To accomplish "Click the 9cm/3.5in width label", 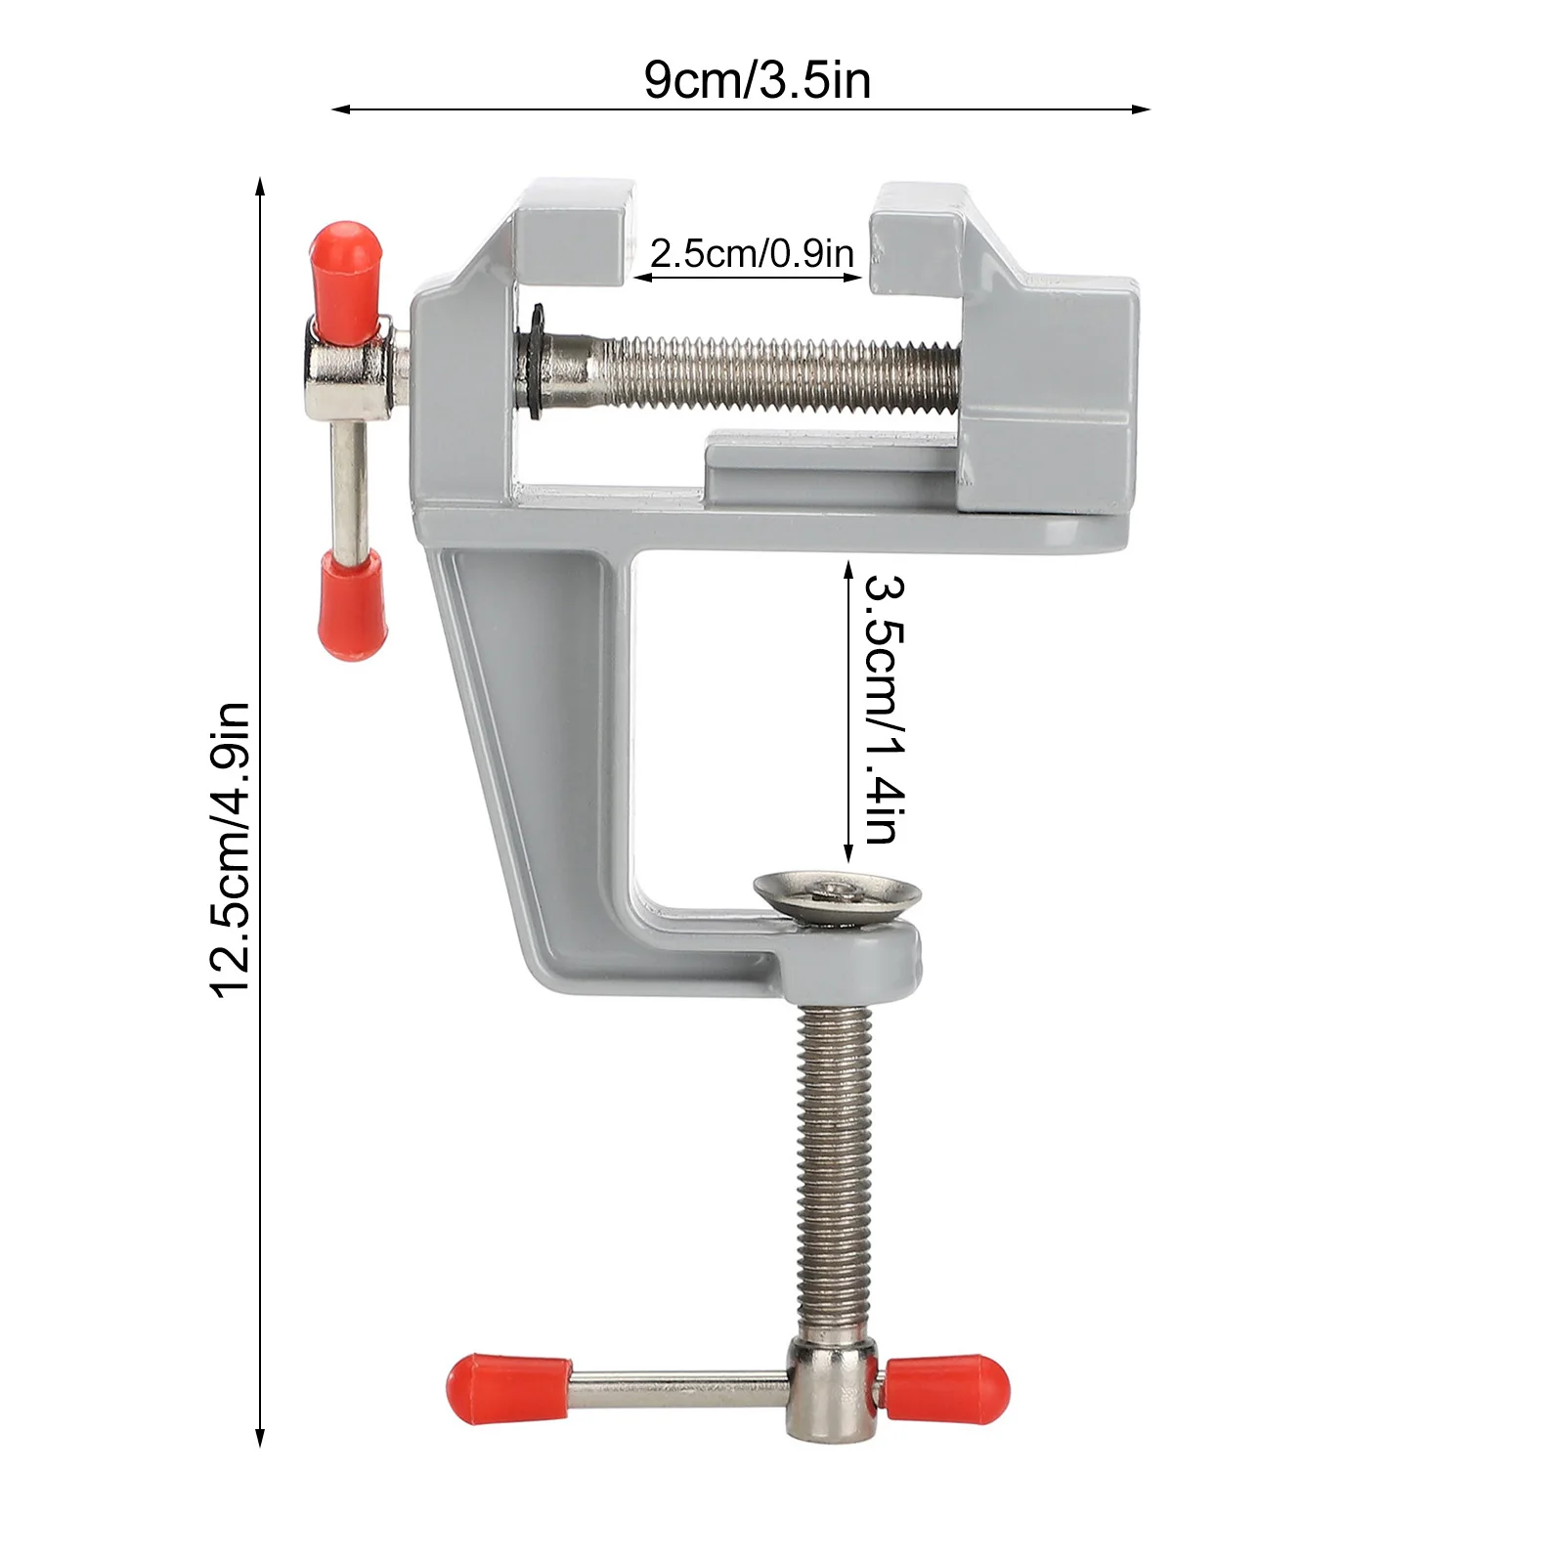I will (x=757, y=80).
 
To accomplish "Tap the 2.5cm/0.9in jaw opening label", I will (x=751, y=254).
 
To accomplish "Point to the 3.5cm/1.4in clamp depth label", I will (x=886, y=710).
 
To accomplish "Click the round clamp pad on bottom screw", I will (x=839, y=893).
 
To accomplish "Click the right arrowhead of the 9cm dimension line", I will (x=1144, y=109).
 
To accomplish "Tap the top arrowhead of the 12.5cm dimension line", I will (x=260, y=186).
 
